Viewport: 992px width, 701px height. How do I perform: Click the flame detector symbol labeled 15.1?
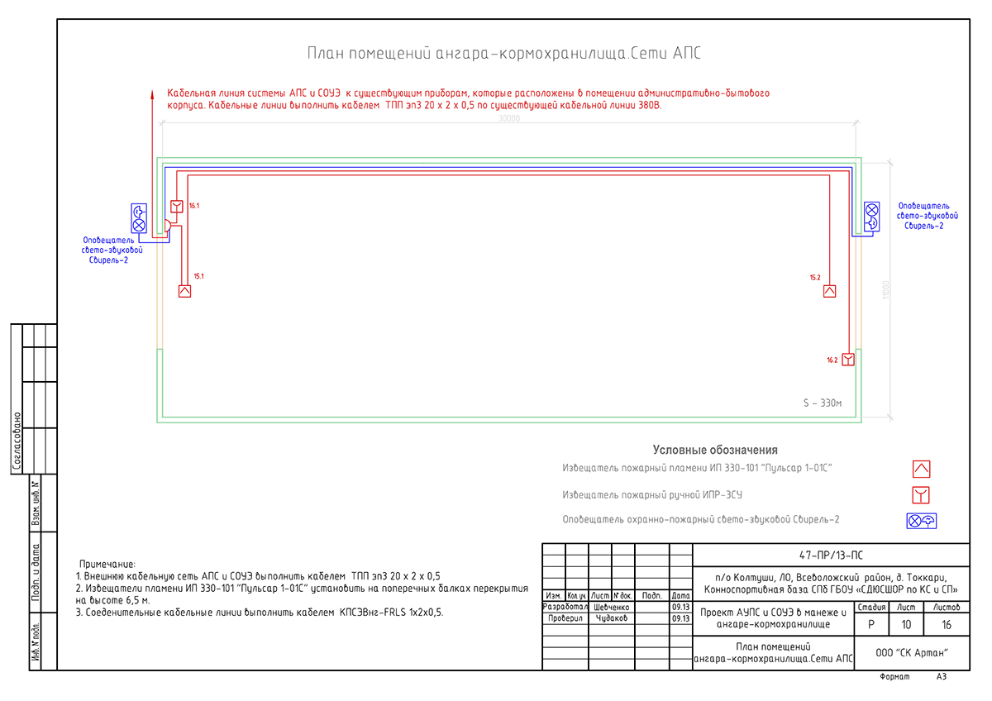(x=185, y=291)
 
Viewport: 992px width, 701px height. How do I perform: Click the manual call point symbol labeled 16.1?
(x=177, y=206)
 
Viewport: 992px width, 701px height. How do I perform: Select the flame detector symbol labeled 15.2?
(x=829, y=291)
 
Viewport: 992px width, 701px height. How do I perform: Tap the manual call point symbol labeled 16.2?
(x=847, y=359)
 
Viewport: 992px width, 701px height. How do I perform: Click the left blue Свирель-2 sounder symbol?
(x=139, y=217)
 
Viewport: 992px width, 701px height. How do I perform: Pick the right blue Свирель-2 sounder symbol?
(x=871, y=217)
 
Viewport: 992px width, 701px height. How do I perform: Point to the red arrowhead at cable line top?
(x=151, y=93)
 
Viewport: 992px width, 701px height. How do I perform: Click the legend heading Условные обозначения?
(x=715, y=450)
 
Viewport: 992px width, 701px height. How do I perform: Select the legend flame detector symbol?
(x=922, y=469)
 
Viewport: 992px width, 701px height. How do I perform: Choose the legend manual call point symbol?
(x=922, y=495)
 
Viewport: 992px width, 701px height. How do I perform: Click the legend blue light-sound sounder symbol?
(x=922, y=521)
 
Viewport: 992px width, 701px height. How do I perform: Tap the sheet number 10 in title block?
(x=908, y=625)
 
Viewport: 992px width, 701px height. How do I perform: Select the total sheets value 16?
(x=947, y=625)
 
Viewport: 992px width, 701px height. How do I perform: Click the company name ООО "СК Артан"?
(x=911, y=653)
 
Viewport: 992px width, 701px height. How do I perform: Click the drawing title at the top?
(x=504, y=54)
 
